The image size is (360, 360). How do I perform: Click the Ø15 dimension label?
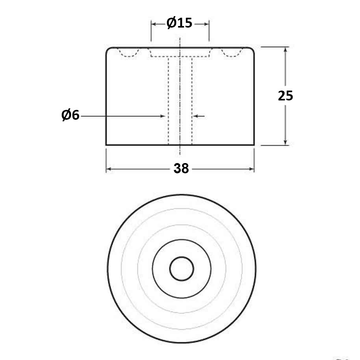pos(180,24)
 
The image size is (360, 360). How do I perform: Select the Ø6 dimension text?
pos(71,115)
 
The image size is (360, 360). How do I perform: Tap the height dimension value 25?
pos(286,96)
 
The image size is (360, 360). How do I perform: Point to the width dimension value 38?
pos(181,169)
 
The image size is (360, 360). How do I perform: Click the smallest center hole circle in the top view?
pos(182,269)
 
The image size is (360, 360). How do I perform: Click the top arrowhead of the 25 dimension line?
pos(286,50)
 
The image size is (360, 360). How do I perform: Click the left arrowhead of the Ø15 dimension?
pos(154,24)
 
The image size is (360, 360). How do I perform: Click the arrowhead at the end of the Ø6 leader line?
pos(162,116)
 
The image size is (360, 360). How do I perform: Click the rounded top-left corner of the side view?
pos(108,49)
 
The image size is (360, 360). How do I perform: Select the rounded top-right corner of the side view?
pos(252,49)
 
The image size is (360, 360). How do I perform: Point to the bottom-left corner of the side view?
pos(107,145)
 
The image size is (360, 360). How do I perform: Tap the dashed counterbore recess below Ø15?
pos(180,53)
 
